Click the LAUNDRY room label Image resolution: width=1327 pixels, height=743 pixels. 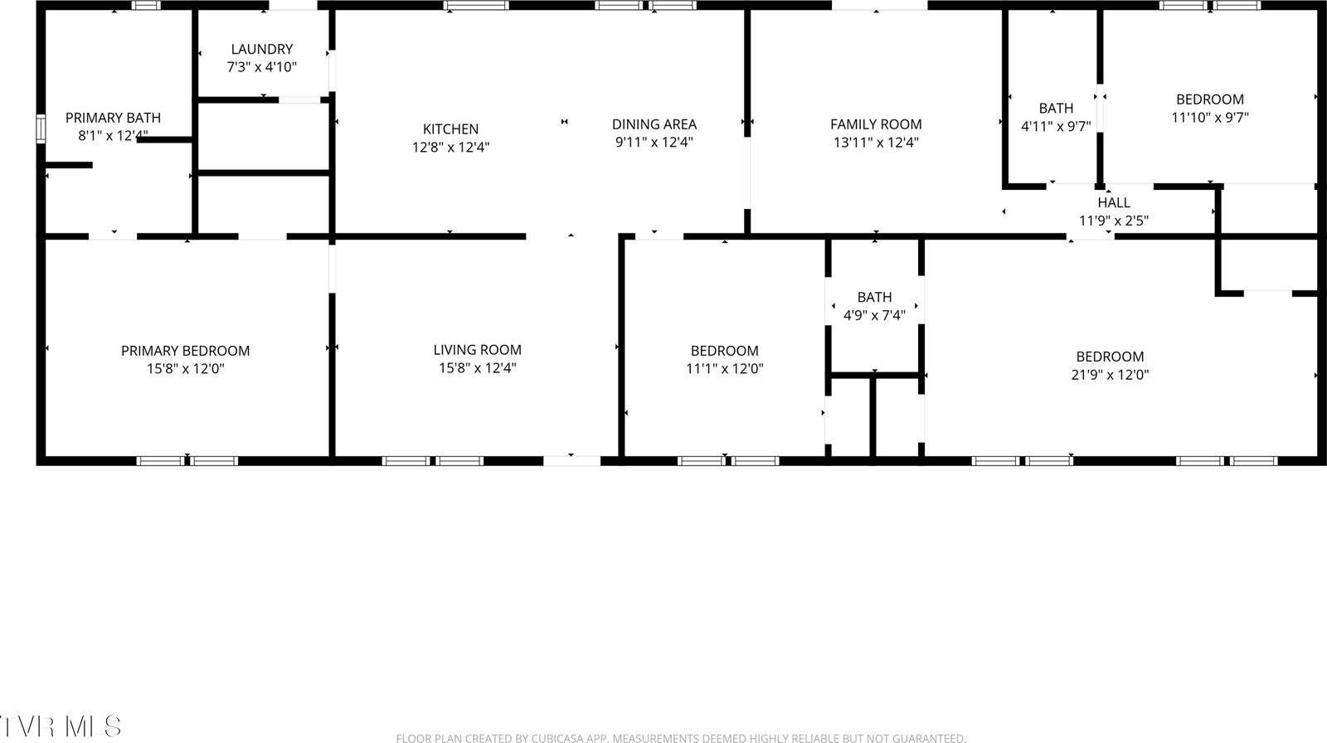pyautogui.click(x=261, y=50)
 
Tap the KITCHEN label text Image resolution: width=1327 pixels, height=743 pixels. pyautogui.click(x=450, y=129)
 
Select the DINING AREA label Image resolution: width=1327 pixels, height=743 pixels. pyautogui.click(x=654, y=124)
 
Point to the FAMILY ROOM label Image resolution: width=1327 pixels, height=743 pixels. pyautogui.click(x=876, y=124)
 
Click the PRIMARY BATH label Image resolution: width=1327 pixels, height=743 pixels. pyautogui.click(x=113, y=118)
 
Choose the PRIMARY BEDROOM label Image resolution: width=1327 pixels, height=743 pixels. pyautogui.click(x=185, y=351)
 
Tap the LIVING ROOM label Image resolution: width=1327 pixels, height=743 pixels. pyautogui.click(x=477, y=350)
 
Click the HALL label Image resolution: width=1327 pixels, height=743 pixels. pyautogui.click(x=1113, y=202)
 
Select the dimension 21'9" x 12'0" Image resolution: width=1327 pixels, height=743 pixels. pyautogui.click(x=1110, y=375)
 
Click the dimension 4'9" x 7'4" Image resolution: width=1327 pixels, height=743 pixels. pyautogui.click(x=874, y=315)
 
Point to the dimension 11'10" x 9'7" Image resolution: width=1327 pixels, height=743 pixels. pyautogui.click(x=1209, y=118)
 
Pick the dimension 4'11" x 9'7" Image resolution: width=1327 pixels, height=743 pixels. pyautogui.click(x=1055, y=126)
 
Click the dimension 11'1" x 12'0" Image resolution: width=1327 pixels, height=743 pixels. pyautogui.click(x=724, y=369)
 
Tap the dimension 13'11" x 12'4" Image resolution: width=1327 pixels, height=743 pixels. pyautogui.click(x=876, y=143)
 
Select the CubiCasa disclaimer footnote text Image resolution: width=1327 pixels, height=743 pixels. pyautogui.click(x=680, y=737)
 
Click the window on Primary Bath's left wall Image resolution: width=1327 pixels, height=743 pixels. pyautogui.click(x=40, y=129)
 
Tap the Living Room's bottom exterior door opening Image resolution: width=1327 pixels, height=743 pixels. pyautogui.click(x=571, y=459)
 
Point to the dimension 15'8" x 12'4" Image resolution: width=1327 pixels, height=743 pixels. pyautogui.click(x=477, y=368)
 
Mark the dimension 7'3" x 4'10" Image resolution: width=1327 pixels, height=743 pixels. pyautogui.click(x=261, y=67)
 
